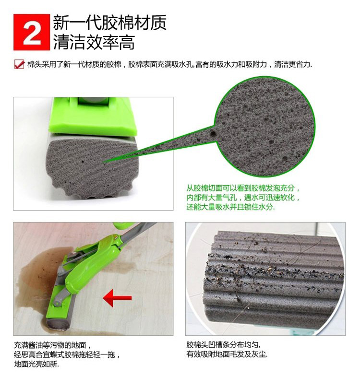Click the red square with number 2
click(x=32, y=32)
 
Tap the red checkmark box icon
click(x=19, y=64)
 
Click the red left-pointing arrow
click(x=117, y=298)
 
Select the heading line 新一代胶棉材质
click(x=109, y=23)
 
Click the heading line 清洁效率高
click(x=93, y=42)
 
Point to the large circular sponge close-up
click(x=265, y=127)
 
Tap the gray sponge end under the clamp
click(x=92, y=168)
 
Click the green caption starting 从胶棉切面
click(x=243, y=198)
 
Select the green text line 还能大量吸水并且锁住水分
click(x=230, y=207)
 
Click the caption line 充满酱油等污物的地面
click(x=52, y=345)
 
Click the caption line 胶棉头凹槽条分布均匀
click(x=224, y=345)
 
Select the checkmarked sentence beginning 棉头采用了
click(x=169, y=64)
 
